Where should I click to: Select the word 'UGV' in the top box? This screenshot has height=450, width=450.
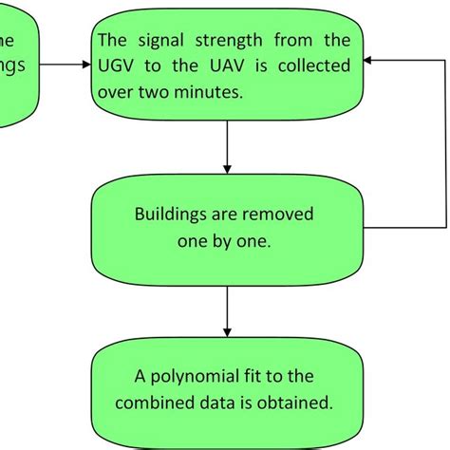pyautogui.click(x=116, y=66)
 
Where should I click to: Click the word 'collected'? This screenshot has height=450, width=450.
pyautogui.click(x=314, y=66)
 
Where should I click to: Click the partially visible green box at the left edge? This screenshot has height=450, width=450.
pyautogui.click(x=17, y=66)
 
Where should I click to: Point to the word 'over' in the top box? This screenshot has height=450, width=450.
pyautogui.click(x=118, y=91)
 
